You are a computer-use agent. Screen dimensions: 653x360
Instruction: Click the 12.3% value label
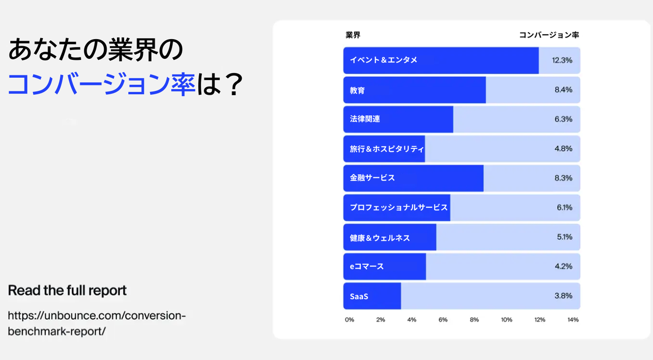[x=562, y=60]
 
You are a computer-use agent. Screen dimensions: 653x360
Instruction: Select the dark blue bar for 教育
[x=415, y=90]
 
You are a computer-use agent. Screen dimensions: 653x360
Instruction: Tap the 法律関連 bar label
[x=365, y=119]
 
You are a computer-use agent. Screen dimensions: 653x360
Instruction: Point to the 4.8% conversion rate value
[x=563, y=148]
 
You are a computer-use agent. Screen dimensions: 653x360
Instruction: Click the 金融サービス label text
[x=372, y=178]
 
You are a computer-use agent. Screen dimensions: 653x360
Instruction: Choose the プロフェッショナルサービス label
[x=398, y=207]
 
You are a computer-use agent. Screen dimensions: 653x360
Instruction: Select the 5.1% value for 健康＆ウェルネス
[x=564, y=237]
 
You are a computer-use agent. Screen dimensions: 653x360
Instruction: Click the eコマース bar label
[x=367, y=266]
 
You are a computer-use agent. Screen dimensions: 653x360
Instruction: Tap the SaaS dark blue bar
[x=372, y=296]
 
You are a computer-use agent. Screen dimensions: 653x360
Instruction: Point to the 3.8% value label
[x=563, y=296]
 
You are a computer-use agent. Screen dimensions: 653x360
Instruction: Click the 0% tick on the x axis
[x=349, y=320]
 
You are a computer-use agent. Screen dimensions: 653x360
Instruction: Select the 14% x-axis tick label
[x=573, y=320]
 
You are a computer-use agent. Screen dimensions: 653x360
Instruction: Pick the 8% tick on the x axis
[x=475, y=320]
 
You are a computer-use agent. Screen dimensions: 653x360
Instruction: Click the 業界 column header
[x=353, y=35]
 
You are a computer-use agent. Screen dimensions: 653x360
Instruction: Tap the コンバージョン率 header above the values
[x=549, y=35]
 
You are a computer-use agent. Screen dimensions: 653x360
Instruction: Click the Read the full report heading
[x=67, y=290]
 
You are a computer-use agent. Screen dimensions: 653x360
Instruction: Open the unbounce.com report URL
[x=97, y=324]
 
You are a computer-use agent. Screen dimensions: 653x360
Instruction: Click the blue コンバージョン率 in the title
[x=101, y=84]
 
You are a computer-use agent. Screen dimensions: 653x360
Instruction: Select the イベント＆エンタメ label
[x=383, y=60]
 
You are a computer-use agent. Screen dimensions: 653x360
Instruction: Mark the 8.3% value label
[x=563, y=178]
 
